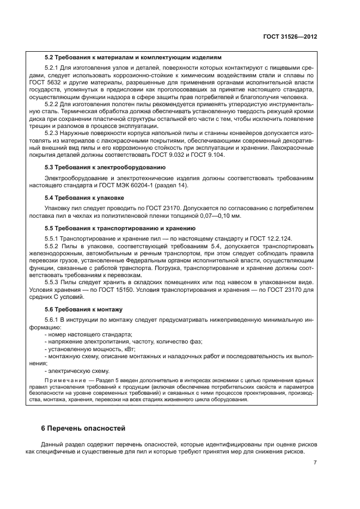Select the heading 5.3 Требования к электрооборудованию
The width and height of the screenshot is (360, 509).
(107, 168)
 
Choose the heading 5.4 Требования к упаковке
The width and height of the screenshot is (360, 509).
(84, 198)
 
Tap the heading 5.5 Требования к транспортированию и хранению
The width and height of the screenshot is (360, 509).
(119, 229)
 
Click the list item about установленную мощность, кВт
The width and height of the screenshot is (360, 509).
(90, 349)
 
